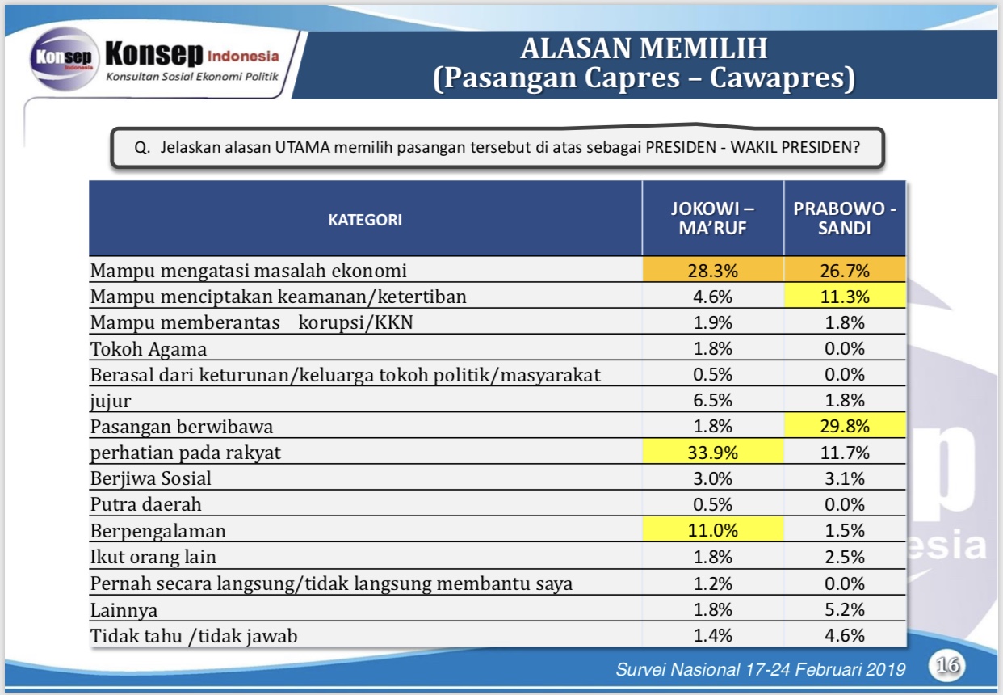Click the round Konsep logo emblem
click(64, 59)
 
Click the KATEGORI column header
click(365, 220)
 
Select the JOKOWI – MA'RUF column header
click(712, 219)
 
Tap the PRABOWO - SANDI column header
click(845, 219)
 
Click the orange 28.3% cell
click(713, 270)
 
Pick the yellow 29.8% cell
click(845, 426)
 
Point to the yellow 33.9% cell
click(713, 452)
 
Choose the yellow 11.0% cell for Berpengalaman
click(713, 529)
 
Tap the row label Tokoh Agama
click(149, 349)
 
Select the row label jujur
click(111, 401)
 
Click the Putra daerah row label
click(146, 504)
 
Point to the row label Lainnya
click(124, 610)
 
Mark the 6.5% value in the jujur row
click(713, 400)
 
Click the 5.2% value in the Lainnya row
click(845, 609)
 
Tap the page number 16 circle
click(947, 665)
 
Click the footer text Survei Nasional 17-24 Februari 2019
click(760, 669)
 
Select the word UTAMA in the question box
click(302, 147)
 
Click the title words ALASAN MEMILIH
click(644, 48)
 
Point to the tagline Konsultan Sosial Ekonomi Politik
click(192, 77)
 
